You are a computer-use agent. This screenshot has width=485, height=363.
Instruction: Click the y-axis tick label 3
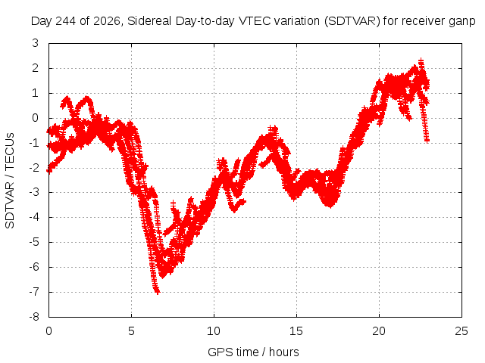click(36, 43)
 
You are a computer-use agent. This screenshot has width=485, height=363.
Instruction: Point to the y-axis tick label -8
click(34, 317)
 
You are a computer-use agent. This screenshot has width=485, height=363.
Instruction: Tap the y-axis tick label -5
click(34, 242)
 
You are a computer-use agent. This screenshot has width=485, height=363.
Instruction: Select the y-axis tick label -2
click(34, 168)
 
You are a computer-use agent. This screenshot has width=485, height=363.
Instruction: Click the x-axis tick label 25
click(462, 331)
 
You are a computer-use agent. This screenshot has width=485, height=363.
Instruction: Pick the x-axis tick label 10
click(214, 331)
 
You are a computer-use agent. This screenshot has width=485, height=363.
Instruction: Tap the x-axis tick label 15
click(296, 331)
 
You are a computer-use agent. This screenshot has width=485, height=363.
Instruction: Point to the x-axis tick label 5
click(131, 331)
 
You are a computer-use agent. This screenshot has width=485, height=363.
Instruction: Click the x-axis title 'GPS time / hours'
click(253, 352)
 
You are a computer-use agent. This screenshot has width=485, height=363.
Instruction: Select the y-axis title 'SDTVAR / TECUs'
click(10, 181)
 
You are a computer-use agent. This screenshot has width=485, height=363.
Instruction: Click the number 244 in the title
click(66, 21)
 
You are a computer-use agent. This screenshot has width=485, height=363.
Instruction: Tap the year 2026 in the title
click(106, 21)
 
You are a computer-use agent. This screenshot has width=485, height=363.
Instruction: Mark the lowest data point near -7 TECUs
click(158, 292)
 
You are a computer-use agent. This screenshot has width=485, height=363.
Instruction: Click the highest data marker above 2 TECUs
click(421, 61)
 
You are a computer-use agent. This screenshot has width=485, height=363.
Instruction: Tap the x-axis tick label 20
click(379, 331)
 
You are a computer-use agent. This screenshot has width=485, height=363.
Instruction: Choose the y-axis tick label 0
click(36, 118)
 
